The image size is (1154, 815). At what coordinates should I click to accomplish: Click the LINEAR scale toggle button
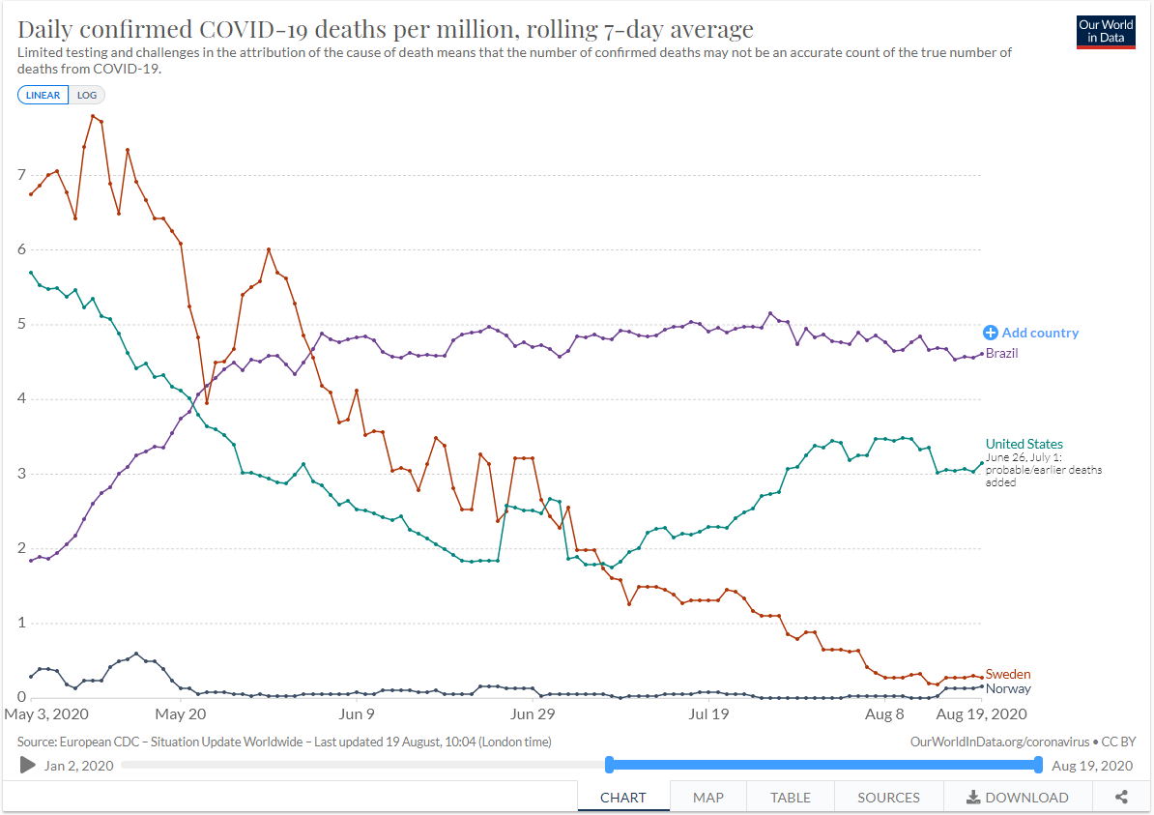43,95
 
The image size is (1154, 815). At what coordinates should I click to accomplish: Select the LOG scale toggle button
87,95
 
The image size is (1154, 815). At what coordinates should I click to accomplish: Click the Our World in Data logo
1107,32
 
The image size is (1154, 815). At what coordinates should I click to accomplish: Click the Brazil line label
1002,354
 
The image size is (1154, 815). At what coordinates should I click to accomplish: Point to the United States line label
1024,444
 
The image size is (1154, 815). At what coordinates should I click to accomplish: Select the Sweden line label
1008,674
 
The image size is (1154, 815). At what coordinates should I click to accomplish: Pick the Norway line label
1008,689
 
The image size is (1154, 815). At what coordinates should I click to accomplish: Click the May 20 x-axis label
182,714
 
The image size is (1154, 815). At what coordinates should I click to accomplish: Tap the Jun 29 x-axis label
534,714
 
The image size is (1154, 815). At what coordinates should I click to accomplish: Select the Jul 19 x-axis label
708,714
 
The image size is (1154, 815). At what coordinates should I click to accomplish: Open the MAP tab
708,798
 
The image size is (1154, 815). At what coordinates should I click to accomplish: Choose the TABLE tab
790,798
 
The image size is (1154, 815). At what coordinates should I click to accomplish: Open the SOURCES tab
888,798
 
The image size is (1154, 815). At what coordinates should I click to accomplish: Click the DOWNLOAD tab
1018,798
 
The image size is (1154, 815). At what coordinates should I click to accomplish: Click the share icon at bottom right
1121,798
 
